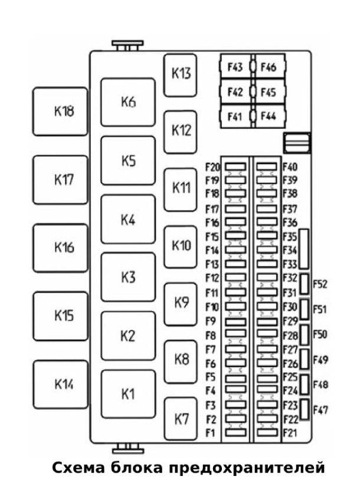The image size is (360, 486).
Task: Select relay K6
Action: [x=127, y=102]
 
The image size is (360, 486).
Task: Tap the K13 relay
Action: [x=181, y=74]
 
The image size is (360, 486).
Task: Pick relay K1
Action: [x=127, y=394]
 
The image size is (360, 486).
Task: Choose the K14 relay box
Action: [x=60, y=384]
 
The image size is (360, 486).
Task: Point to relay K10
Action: [x=181, y=246]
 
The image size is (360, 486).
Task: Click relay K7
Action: [x=181, y=419]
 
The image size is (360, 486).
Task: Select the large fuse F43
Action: [x=235, y=68]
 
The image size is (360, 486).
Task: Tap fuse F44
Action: [x=268, y=116]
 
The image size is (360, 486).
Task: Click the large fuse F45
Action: [x=268, y=92]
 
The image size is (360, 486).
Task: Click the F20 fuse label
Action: [x=212, y=168]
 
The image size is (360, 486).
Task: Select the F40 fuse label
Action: [x=290, y=168]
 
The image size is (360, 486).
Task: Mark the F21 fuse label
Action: [x=290, y=434]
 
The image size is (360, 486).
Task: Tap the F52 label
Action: [x=320, y=284]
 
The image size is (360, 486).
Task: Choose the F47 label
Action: [x=320, y=409]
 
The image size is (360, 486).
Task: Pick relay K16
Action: [x=60, y=248]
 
